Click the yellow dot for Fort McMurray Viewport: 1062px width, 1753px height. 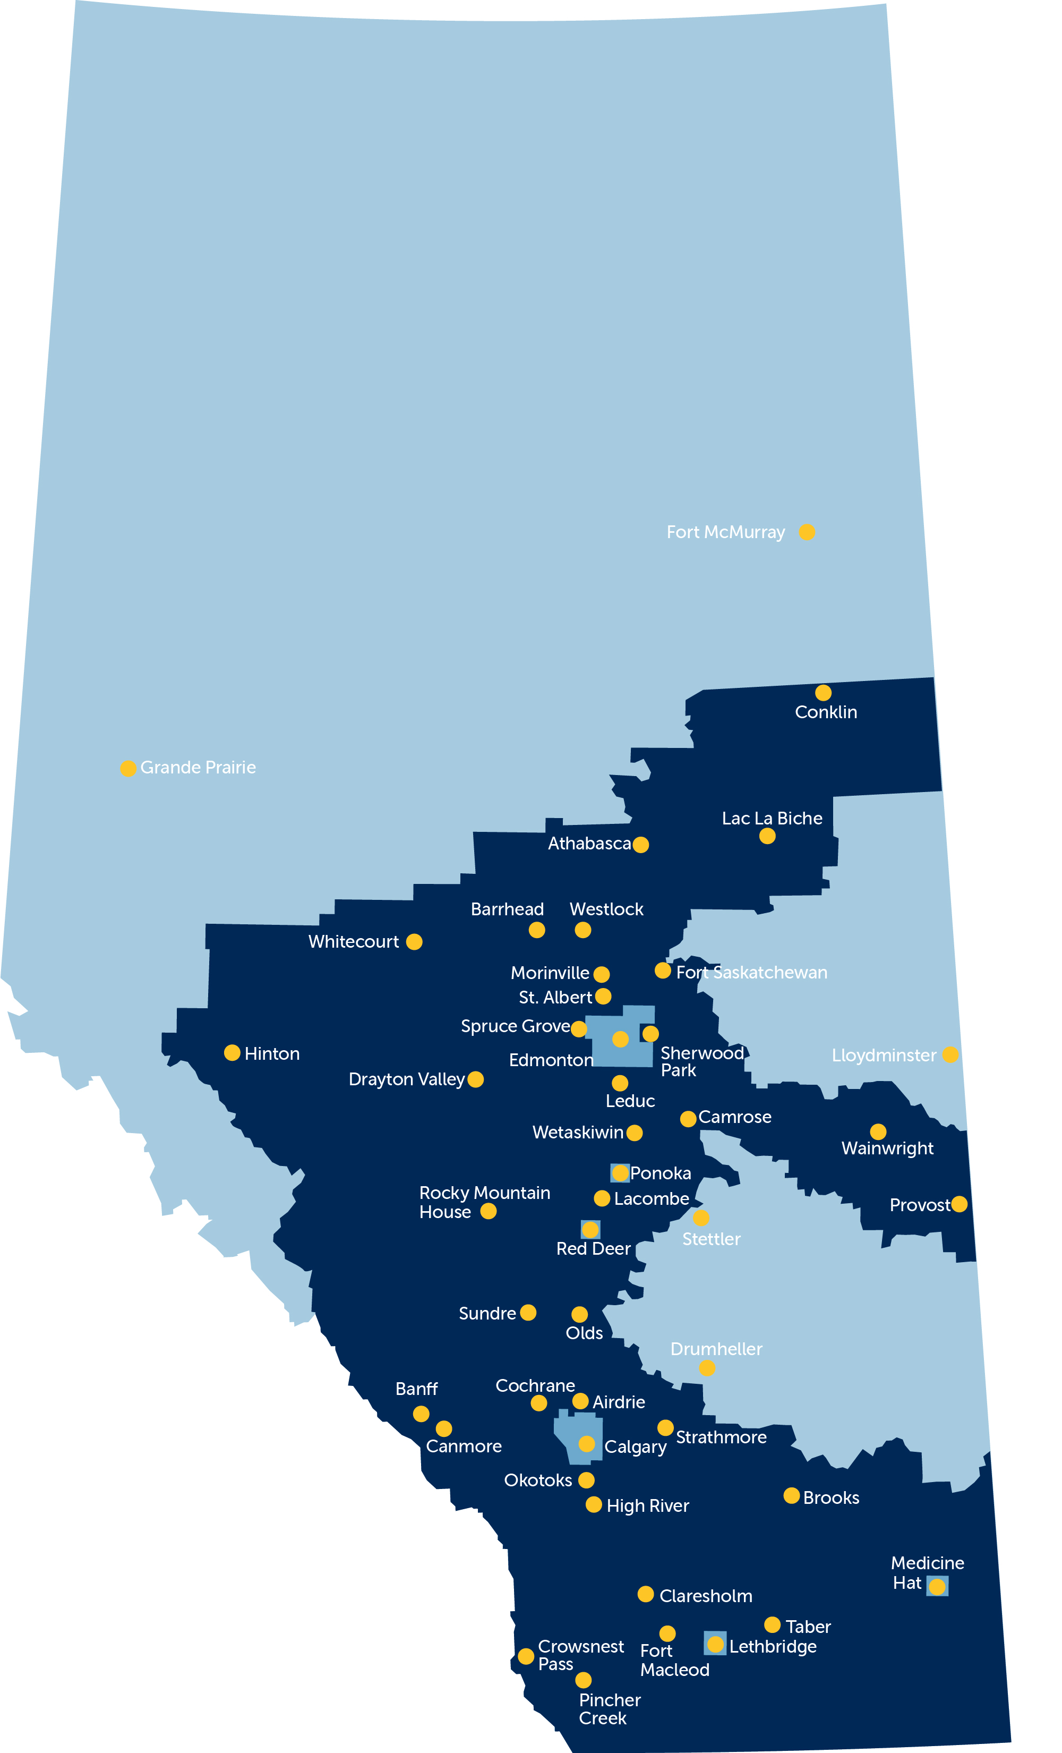click(x=806, y=532)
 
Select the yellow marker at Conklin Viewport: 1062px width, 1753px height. click(x=823, y=693)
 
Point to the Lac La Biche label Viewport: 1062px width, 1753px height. click(x=772, y=818)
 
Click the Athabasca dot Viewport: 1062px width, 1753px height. click(x=640, y=845)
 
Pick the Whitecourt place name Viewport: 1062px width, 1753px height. click(x=354, y=941)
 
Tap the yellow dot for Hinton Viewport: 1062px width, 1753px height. click(x=232, y=1053)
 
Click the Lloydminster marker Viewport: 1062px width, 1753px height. click(x=950, y=1054)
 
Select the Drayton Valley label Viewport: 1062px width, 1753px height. click(x=406, y=1079)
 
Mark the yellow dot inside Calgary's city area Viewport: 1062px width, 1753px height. click(x=586, y=1443)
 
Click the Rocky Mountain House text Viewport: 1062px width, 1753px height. click(x=484, y=1202)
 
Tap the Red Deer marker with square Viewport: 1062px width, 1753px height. click(x=590, y=1229)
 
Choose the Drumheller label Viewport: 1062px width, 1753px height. click(x=716, y=1349)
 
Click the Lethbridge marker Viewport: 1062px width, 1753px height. click(x=716, y=1644)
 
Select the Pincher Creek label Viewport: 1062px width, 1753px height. click(x=610, y=1709)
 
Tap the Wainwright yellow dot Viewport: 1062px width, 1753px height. click(x=878, y=1131)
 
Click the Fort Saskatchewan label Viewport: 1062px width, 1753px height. click(x=751, y=973)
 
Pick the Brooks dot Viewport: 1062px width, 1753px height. click(x=791, y=1495)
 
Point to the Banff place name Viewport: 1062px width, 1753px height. click(x=416, y=1389)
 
